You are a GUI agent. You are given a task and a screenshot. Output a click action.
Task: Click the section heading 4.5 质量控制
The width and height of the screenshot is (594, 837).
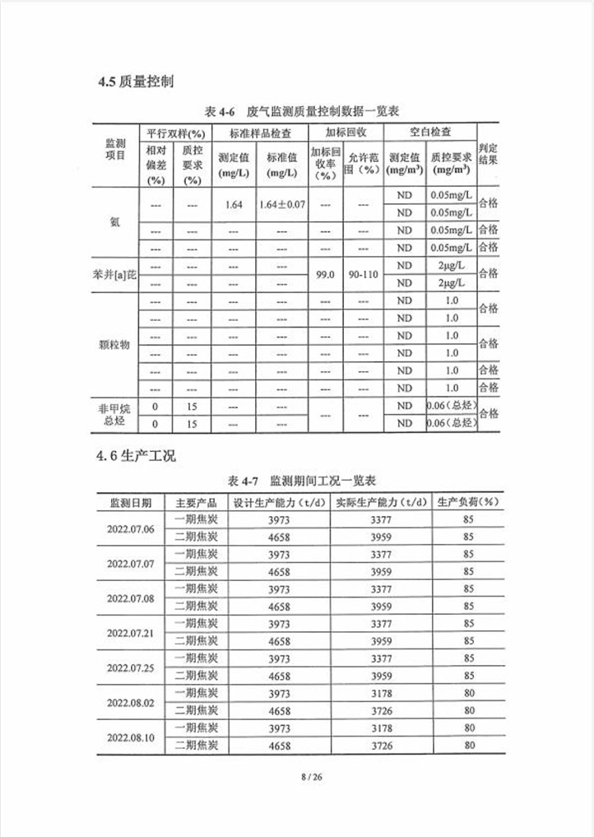point(136,81)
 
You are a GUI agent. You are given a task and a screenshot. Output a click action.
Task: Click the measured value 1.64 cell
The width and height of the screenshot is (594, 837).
point(232,205)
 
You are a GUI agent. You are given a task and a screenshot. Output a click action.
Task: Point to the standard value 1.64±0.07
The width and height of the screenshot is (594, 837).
point(281,205)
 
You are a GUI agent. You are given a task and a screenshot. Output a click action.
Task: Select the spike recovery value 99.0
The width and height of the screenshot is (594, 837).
point(325,275)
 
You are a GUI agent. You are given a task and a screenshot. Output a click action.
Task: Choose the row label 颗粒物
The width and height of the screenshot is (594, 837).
point(114,345)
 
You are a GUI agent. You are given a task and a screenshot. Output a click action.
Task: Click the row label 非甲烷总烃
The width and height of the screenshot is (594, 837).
point(114,414)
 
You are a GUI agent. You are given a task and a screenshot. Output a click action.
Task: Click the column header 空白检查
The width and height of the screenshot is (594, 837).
point(429,133)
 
